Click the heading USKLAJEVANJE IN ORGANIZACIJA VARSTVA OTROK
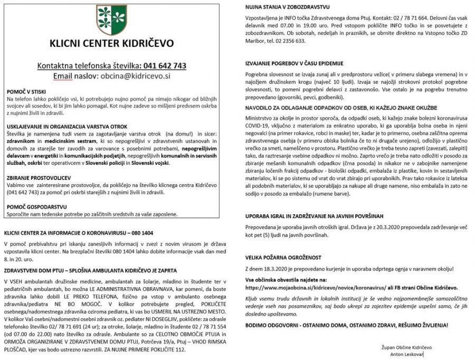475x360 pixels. tap(66, 128)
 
